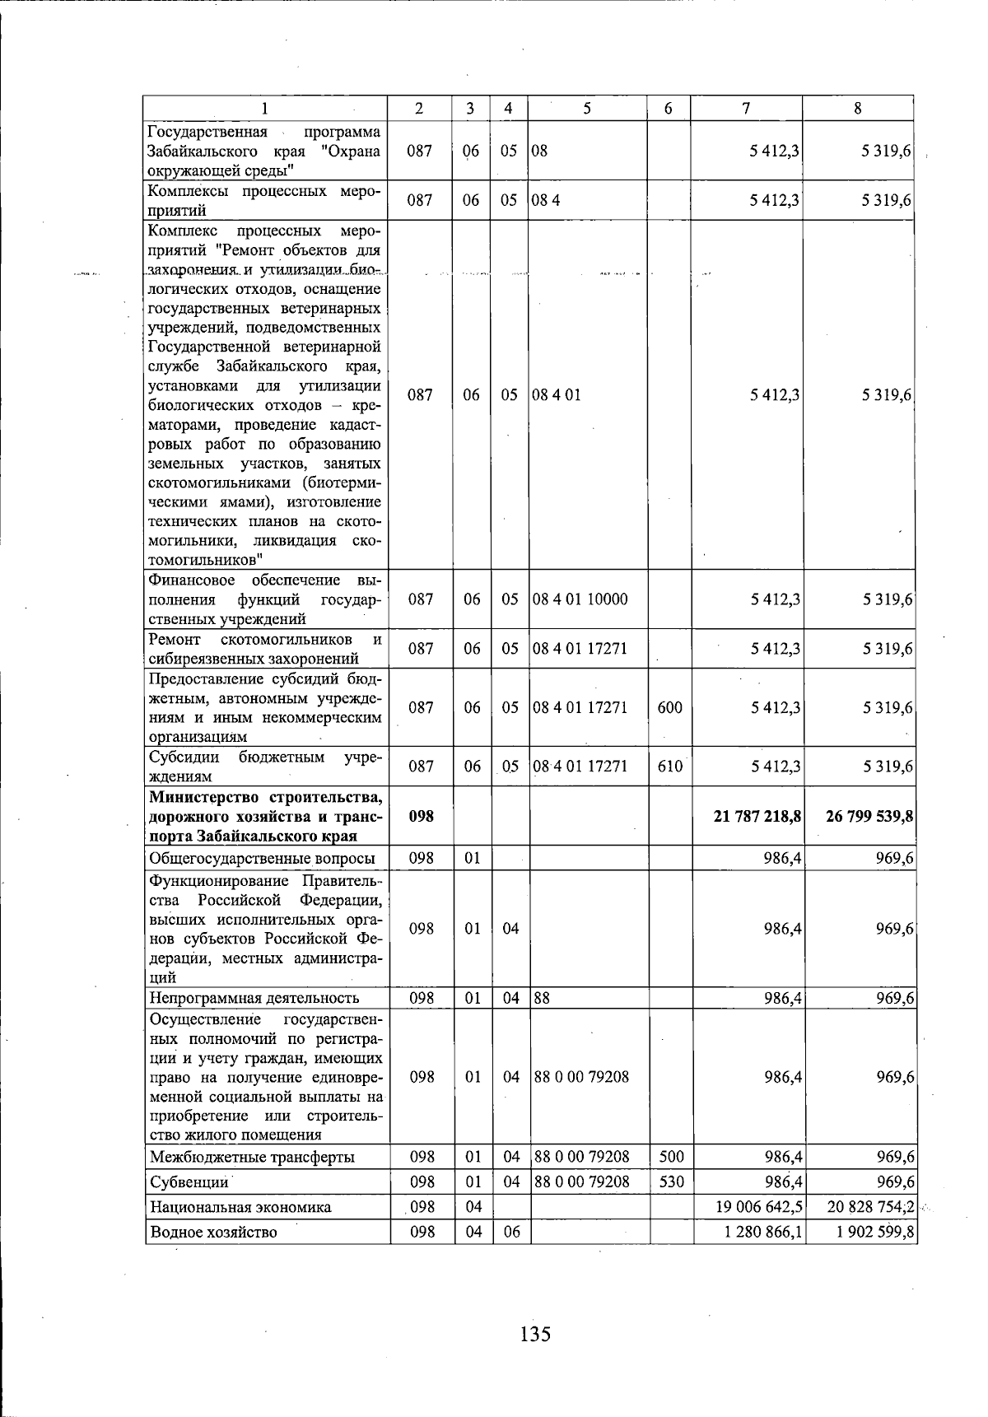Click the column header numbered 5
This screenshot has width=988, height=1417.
coord(586,108)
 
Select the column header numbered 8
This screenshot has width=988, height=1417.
coord(858,108)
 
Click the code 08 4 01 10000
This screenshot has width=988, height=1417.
coord(580,599)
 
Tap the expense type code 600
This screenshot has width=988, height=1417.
coord(670,707)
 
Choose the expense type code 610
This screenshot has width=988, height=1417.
coord(670,767)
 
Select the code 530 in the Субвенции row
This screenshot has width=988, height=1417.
coord(672,1182)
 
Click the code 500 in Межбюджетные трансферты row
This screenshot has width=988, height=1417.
coord(672,1157)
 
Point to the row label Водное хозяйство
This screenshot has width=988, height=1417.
coord(213,1233)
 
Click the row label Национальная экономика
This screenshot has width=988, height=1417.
coord(240,1208)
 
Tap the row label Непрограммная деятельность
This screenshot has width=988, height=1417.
coord(254,999)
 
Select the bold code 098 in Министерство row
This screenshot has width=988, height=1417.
coord(421,816)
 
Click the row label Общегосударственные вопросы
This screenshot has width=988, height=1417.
coord(262,859)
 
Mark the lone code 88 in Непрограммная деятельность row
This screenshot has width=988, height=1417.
coord(542,999)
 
